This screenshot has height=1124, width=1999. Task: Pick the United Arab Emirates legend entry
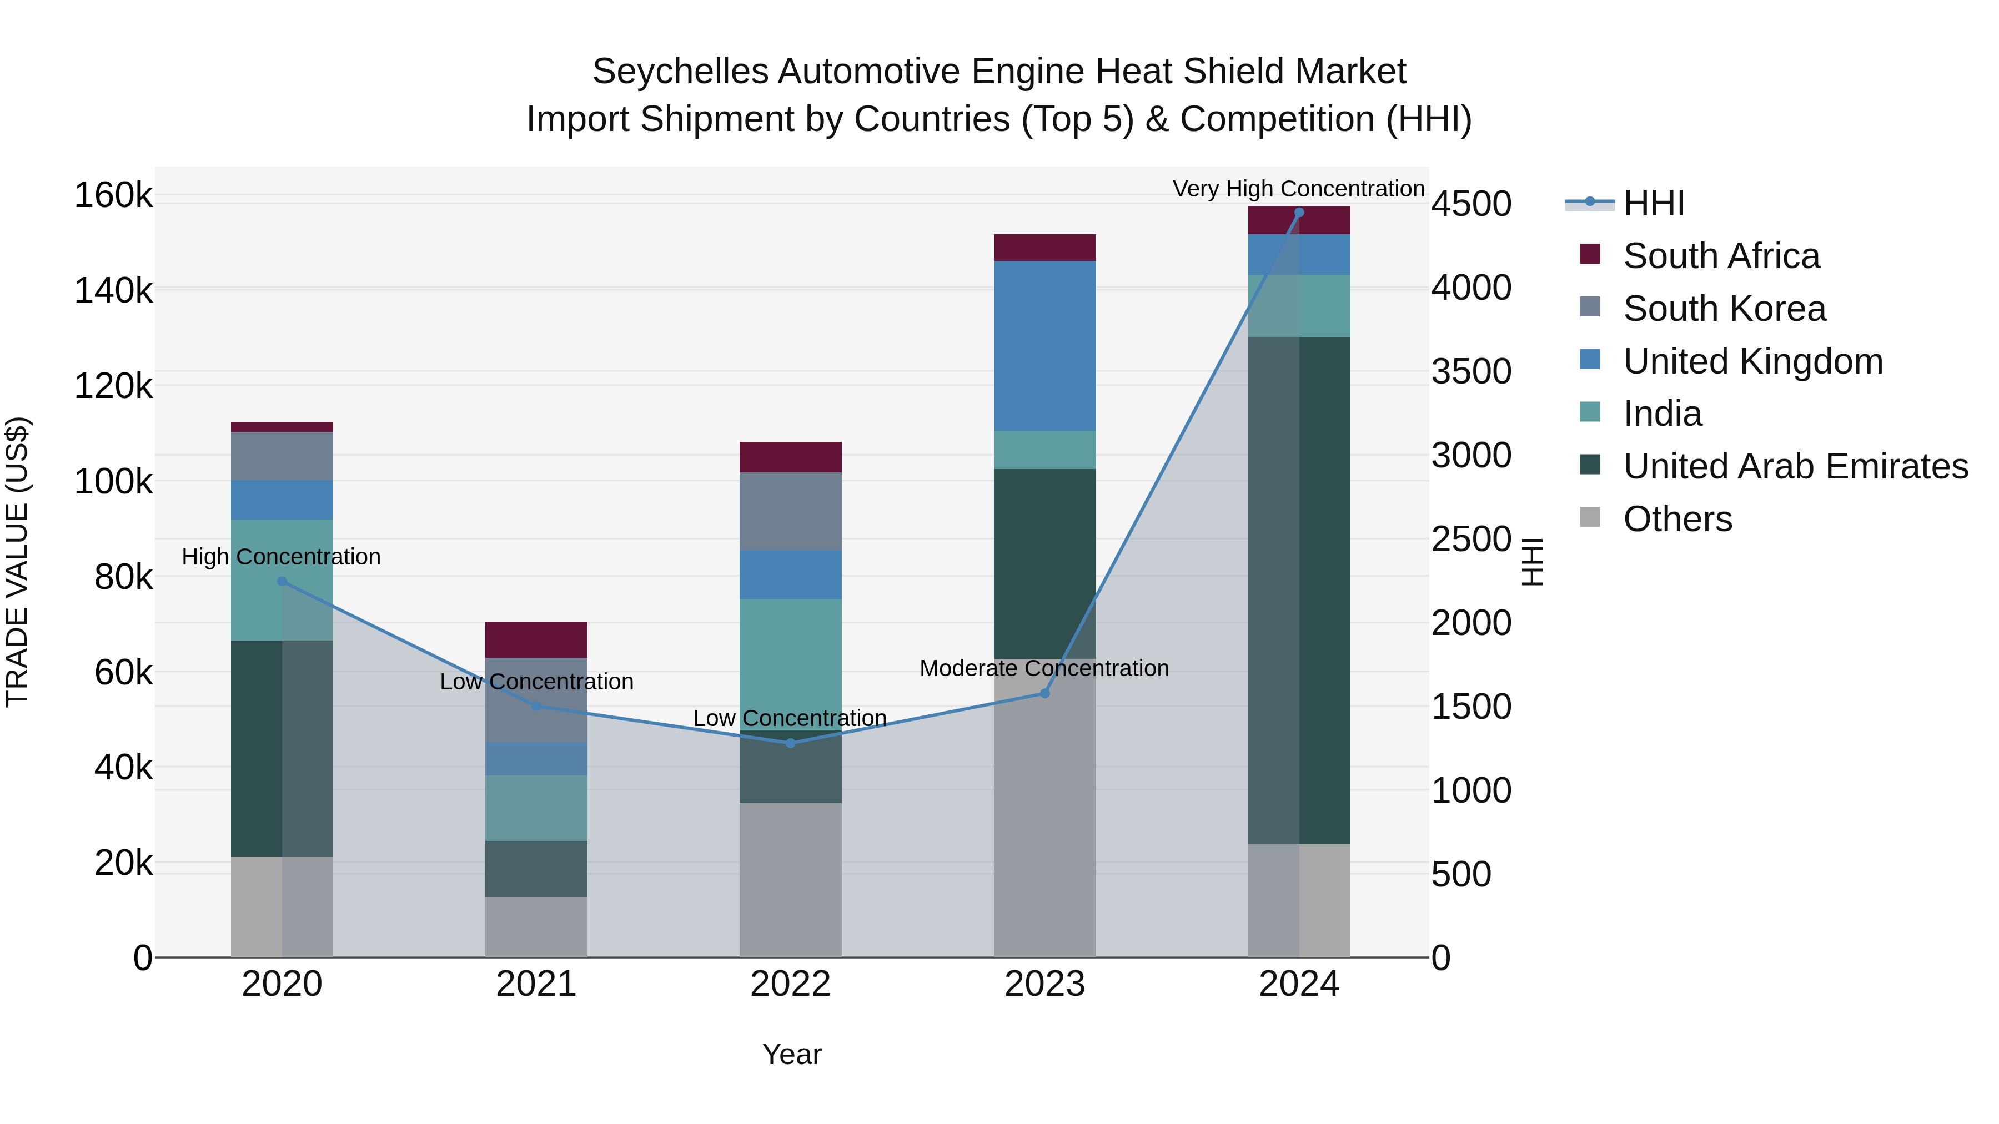pyautogui.click(x=1794, y=466)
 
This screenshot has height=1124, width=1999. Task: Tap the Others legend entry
pyautogui.click(x=1676, y=519)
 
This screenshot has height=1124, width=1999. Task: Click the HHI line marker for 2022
pyautogui.click(x=790, y=743)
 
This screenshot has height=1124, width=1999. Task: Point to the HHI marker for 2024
pyautogui.click(x=1299, y=213)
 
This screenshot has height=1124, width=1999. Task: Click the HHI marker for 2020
pyautogui.click(x=282, y=581)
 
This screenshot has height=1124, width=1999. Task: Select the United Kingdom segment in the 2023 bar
pyautogui.click(x=1044, y=345)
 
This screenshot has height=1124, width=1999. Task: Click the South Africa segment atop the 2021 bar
pyautogui.click(x=536, y=639)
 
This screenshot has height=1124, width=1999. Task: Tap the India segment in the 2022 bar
pyautogui.click(x=790, y=663)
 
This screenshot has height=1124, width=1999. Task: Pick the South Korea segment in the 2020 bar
pyautogui.click(x=282, y=456)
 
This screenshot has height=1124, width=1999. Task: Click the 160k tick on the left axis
pyautogui.click(x=113, y=195)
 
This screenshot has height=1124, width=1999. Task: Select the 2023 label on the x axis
pyautogui.click(x=1044, y=984)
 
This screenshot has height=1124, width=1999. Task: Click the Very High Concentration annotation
pyautogui.click(x=1298, y=189)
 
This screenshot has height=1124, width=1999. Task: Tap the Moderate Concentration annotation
pyautogui.click(x=1044, y=668)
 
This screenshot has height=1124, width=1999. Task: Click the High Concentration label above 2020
pyautogui.click(x=281, y=557)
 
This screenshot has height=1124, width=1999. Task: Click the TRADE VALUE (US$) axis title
pyautogui.click(x=17, y=562)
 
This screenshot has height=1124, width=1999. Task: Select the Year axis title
pyautogui.click(x=791, y=1054)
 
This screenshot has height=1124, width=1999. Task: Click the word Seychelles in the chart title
pyautogui.click(x=680, y=72)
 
